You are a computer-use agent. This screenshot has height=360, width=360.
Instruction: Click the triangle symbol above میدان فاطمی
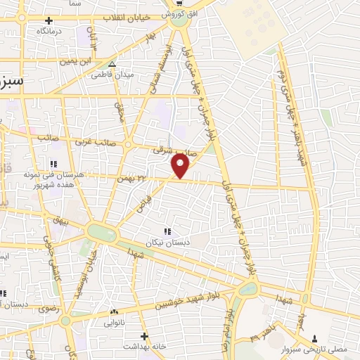[112, 65]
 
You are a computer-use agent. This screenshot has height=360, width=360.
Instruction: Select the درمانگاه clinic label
[51, 32]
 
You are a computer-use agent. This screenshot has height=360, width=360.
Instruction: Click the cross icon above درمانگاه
[47, 20]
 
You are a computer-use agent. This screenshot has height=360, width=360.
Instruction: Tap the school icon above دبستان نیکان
[167, 231]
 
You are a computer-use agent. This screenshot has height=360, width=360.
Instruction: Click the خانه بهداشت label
[143, 347]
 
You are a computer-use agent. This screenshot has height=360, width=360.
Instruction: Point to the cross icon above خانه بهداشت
[143, 335]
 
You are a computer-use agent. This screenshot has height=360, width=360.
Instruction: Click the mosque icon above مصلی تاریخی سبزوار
[314, 337]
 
